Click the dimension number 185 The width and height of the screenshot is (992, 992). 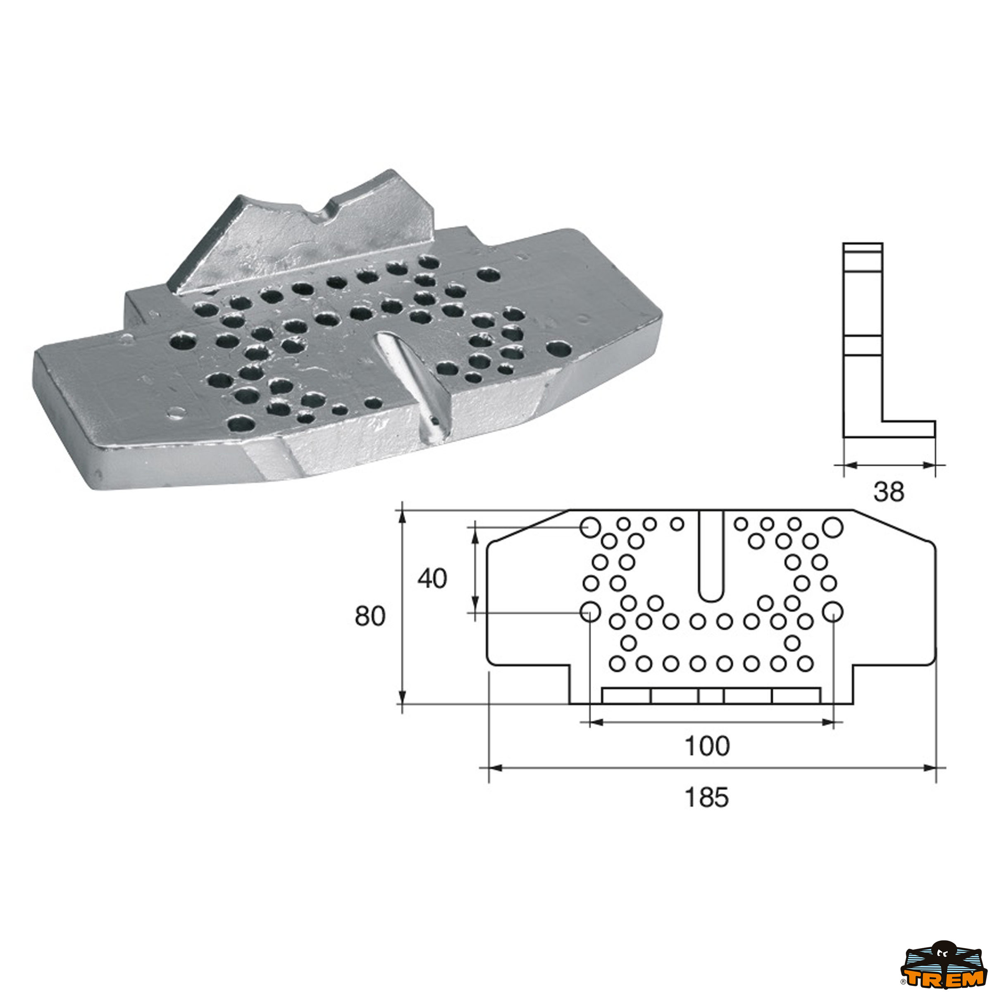coord(706,797)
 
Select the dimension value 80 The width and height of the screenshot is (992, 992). coord(370,616)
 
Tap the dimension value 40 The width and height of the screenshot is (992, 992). coord(432,579)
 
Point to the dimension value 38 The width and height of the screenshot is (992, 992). coord(889,492)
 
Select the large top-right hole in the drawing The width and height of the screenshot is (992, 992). coord(832,527)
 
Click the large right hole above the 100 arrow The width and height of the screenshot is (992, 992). coord(832,612)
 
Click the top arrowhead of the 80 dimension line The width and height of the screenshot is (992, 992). coord(403,516)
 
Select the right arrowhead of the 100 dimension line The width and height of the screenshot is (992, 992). coord(827,723)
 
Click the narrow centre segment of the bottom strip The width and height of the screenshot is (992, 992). coord(711,696)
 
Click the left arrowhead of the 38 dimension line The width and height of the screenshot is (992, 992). coord(850,465)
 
